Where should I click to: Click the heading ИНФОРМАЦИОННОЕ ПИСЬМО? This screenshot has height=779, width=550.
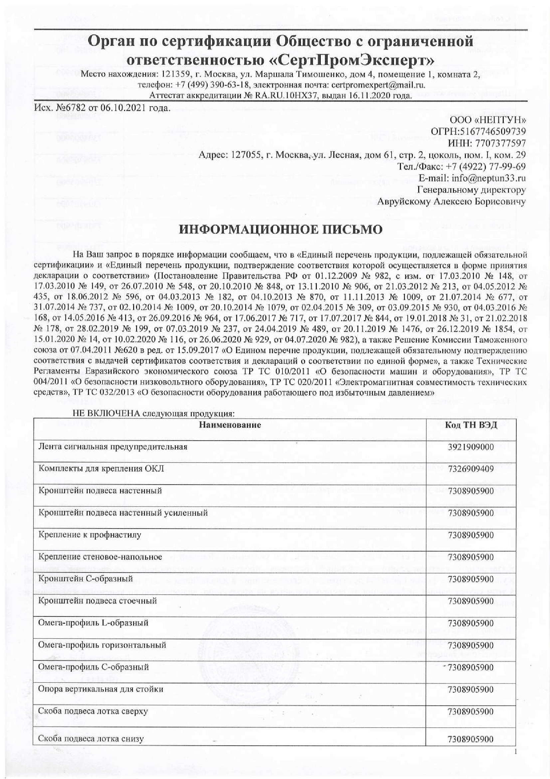point(280,230)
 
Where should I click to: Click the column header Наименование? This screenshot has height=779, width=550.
point(230,425)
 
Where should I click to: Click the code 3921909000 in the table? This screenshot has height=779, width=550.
point(470,447)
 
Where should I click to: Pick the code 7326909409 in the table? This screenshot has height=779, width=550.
point(470,469)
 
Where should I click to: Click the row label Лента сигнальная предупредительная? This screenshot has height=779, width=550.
point(113,447)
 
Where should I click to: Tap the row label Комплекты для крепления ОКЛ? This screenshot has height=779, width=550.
point(101,469)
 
